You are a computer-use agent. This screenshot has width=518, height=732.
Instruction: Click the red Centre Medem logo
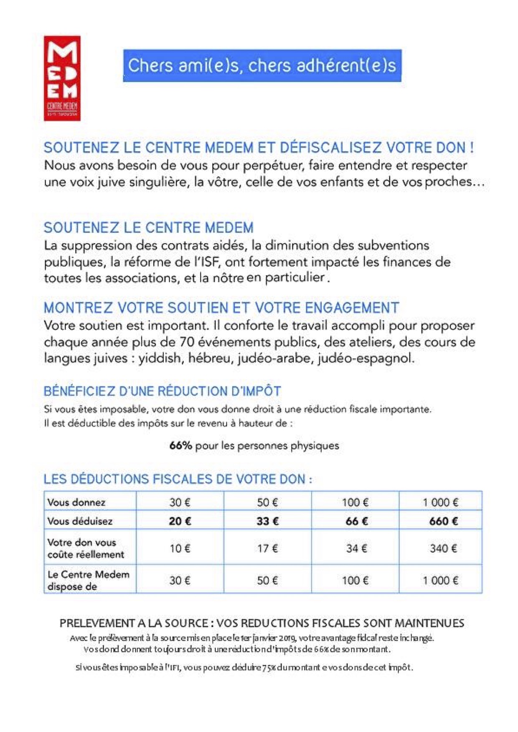[x=62, y=78]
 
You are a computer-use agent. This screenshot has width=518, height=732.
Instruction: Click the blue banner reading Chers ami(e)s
[x=262, y=66]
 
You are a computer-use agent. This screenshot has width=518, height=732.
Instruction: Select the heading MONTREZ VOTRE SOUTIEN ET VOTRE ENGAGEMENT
[x=221, y=308]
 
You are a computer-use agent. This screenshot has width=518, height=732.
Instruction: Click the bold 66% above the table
[x=180, y=446]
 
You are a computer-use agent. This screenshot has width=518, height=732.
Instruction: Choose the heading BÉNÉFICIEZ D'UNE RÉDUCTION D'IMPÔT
[x=162, y=391]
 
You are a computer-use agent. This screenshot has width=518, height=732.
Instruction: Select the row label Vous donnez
[x=76, y=502]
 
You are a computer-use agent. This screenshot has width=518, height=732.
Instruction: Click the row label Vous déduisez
[x=80, y=521]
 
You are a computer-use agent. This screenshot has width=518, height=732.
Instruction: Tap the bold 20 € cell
[x=180, y=521]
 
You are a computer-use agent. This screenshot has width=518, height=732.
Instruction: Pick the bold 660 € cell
[x=443, y=521]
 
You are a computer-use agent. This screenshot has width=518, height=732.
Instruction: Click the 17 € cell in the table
[x=267, y=548]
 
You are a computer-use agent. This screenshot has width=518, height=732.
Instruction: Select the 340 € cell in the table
[x=443, y=548]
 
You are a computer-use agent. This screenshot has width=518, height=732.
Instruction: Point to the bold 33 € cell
[x=267, y=521]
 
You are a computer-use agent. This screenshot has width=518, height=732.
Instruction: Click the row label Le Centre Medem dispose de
[x=88, y=581]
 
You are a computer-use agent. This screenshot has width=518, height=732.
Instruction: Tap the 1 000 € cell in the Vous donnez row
[x=440, y=502]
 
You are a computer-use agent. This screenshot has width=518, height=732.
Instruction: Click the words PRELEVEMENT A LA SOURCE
[x=134, y=623]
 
